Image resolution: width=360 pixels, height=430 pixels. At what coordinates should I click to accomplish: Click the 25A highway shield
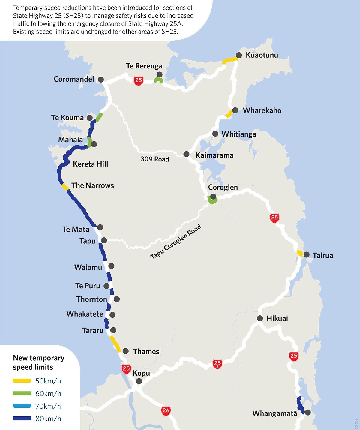tap(217, 364)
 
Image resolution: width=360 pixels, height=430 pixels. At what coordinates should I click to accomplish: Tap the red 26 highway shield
tap(166, 410)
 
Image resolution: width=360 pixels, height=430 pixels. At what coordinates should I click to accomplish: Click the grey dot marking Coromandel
tap(101, 80)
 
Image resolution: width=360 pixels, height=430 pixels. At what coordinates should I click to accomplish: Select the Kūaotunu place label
tap(262, 55)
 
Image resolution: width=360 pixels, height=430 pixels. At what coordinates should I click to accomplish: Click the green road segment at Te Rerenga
tap(158, 80)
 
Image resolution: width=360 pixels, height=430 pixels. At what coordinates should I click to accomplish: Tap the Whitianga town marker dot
tap(215, 134)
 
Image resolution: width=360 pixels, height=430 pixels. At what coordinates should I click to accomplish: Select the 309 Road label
tap(155, 159)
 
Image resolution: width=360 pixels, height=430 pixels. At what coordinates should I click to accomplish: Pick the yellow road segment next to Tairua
tap(299, 253)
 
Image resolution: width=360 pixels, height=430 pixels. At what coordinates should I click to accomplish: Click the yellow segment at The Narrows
tap(65, 187)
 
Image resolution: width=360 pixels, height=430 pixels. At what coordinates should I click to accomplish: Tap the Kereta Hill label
tap(90, 164)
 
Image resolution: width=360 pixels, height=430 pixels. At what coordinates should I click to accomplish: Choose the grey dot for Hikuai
tap(260, 318)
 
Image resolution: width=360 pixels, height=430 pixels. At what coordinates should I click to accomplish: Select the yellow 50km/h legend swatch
tap(22, 381)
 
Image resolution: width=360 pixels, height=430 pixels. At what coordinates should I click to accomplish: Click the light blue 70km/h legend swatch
tap(22, 406)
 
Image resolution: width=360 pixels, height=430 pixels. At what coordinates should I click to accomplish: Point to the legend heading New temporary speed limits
tap(38, 362)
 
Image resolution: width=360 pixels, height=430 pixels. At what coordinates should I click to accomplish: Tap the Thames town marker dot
tap(126, 351)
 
